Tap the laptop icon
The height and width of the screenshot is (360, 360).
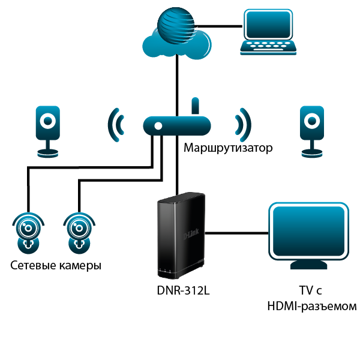[x=270, y=33]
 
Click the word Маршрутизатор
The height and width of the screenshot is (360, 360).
[x=228, y=148]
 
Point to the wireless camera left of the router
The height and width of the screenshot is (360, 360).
[x=47, y=129]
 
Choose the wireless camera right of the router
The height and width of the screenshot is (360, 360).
[x=312, y=129]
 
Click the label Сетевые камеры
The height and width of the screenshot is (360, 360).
[x=56, y=265]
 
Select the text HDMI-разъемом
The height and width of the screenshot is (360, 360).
[x=311, y=306]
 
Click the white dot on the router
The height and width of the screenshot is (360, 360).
[x=158, y=127]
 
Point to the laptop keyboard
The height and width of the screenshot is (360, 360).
[x=270, y=47]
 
